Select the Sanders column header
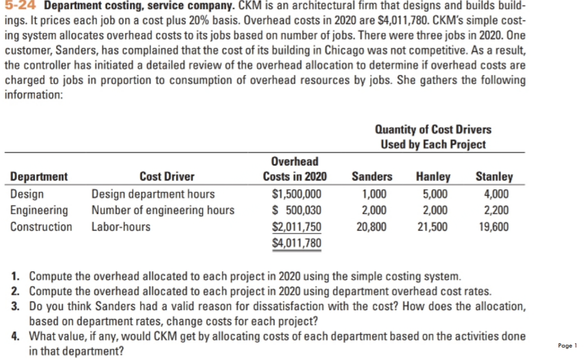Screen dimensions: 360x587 click(372, 176)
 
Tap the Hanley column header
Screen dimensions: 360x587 click(433, 176)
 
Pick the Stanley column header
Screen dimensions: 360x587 click(494, 176)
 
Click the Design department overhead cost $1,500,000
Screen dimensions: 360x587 click(296, 194)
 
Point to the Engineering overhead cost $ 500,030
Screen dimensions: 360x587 click(296, 210)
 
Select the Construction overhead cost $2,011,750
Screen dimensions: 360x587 click(296, 227)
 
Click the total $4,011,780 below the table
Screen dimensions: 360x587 click(296, 243)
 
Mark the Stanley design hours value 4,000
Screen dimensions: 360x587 click(497, 194)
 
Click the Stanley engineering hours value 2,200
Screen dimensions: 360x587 click(497, 210)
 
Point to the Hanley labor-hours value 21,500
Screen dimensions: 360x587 click(433, 227)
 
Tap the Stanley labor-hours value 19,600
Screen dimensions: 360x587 click(494, 227)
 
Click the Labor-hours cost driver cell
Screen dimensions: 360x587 click(120, 227)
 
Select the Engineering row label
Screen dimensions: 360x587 click(39, 210)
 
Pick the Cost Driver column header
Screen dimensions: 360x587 click(167, 176)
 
